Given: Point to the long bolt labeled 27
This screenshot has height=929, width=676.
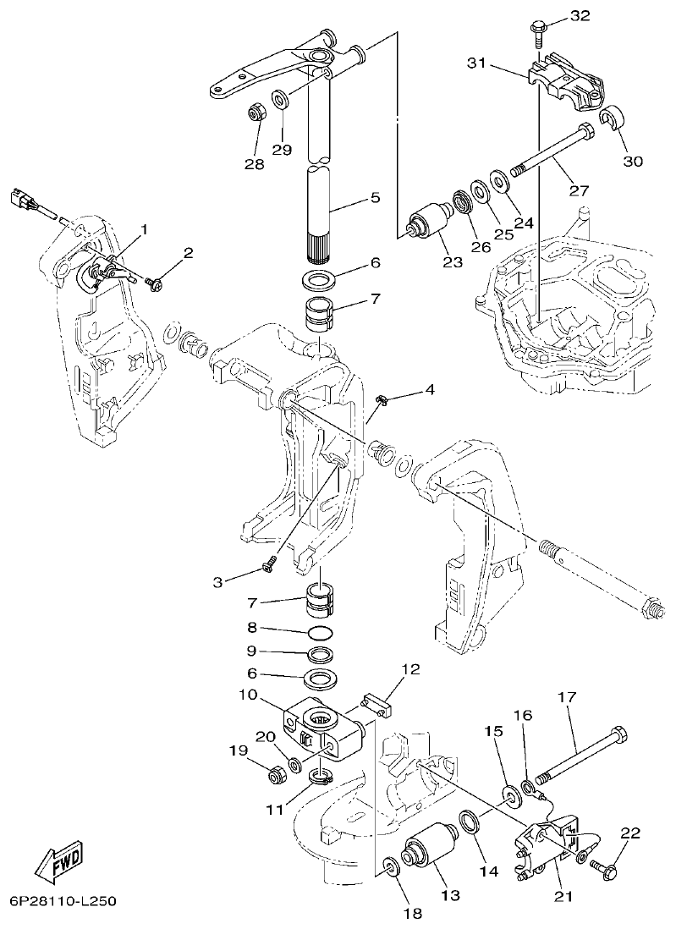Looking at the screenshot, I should (550, 153).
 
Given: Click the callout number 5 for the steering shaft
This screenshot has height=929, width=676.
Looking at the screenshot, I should (376, 197).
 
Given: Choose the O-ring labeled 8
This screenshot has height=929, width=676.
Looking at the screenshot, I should (320, 633).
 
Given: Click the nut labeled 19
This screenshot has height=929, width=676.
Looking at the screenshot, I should (276, 772).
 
